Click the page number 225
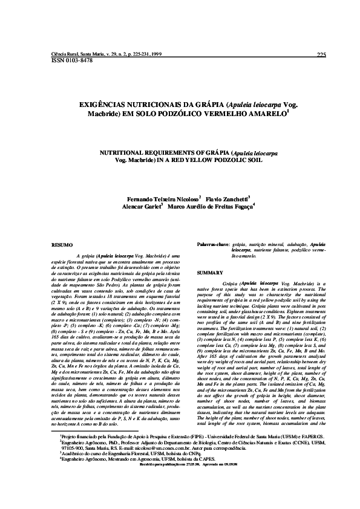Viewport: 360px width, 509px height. click(x=321, y=56)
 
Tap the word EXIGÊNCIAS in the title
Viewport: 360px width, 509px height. click(x=103, y=105)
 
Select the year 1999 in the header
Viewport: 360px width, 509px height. click(x=155, y=54)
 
